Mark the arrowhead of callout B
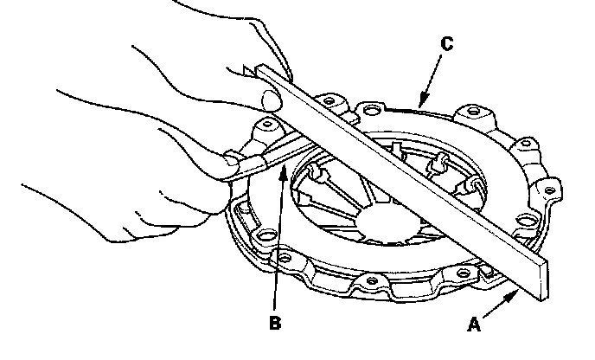click(282, 165)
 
